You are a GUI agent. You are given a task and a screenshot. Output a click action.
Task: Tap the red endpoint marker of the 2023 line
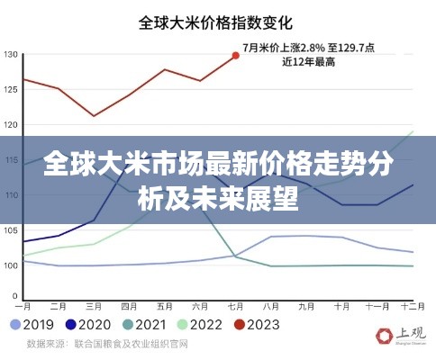pyautogui.click(x=236, y=56)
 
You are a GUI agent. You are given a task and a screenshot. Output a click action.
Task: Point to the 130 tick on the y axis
pyautogui.click(x=10, y=55)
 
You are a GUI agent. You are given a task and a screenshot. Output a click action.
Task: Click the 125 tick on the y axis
pyautogui.click(x=10, y=90)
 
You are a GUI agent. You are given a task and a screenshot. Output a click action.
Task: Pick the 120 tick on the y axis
pyautogui.click(x=10, y=125)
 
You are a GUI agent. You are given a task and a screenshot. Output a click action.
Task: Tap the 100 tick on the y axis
pyautogui.click(x=10, y=265)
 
